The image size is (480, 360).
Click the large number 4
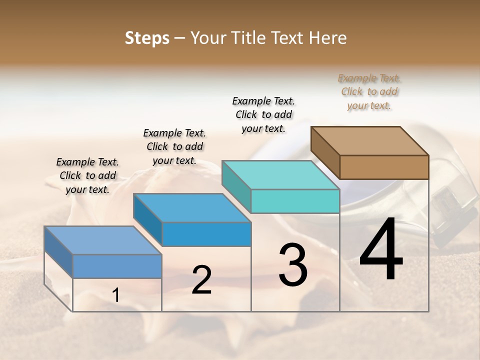click(x=381, y=250)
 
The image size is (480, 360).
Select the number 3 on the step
click(x=293, y=265)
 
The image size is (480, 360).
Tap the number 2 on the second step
click(x=201, y=280)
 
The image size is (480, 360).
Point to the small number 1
click(x=116, y=295)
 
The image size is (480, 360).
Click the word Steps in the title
click(x=147, y=38)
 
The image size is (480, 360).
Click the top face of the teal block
click(x=280, y=175)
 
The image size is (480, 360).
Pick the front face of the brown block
click(x=384, y=167)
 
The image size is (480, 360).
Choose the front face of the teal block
click(x=295, y=201)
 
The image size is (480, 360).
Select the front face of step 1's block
click(x=117, y=266)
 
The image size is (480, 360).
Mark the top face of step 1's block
click(x=102, y=240)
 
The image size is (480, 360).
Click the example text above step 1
click(x=87, y=175)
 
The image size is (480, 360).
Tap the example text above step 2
click(x=174, y=146)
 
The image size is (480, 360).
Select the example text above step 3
click(x=263, y=114)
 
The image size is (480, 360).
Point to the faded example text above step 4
click(x=369, y=91)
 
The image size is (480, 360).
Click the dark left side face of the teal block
click(x=236, y=186)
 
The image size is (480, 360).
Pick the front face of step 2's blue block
click(x=206, y=234)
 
